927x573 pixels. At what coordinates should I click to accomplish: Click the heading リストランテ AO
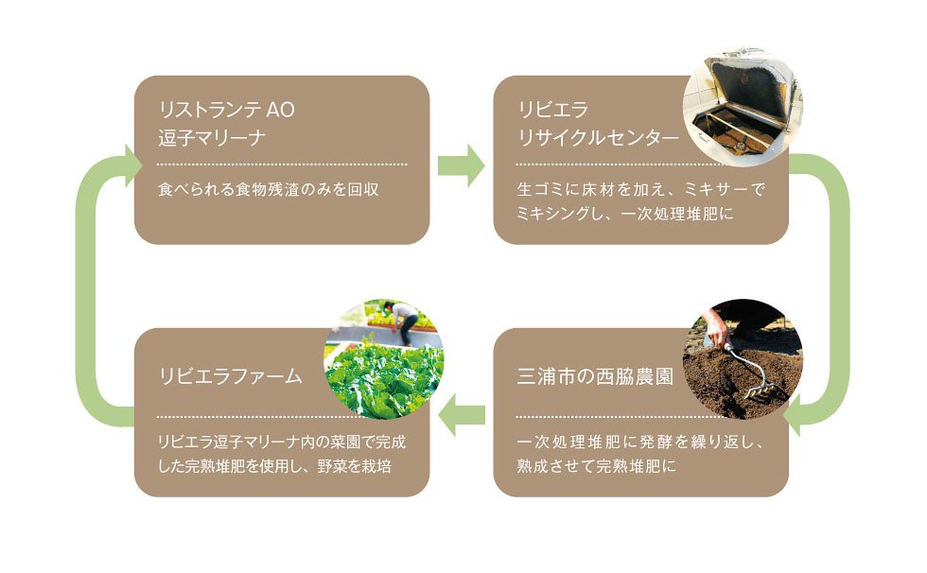(226, 110)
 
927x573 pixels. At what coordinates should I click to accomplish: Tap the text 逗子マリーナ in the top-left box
(212, 138)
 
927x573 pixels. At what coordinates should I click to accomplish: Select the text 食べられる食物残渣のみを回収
(269, 189)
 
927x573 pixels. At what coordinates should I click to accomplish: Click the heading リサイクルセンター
(598, 138)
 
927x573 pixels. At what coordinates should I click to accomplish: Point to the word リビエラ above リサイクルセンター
(553, 110)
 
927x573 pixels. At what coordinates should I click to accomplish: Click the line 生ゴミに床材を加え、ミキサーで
(641, 189)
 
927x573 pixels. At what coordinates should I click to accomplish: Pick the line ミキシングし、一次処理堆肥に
(625, 214)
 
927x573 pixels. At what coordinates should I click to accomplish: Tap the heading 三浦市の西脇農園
(595, 376)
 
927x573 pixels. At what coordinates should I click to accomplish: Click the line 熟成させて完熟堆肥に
(597, 466)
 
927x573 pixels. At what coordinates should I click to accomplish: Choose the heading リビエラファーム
(231, 376)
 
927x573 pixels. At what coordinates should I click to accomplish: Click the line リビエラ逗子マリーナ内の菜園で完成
(282, 442)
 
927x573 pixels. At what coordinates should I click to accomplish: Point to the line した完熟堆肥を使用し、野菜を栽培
(275, 466)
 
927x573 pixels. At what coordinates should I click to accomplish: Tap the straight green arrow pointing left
(462, 415)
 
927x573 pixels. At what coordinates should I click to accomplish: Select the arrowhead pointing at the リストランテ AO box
(132, 165)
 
